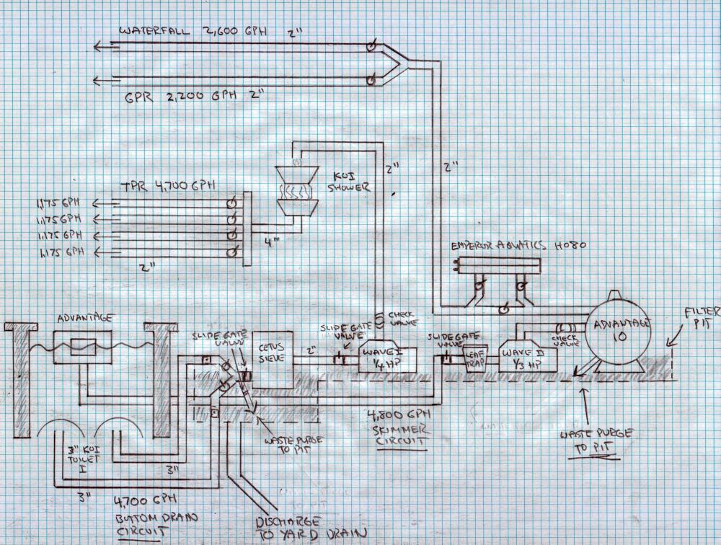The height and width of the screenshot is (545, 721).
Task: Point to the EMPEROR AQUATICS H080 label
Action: [x=518, y=245]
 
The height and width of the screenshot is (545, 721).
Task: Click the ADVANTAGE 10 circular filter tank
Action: [x=622, y=331]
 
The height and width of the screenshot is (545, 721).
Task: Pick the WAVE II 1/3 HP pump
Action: [x=532, y=353]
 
